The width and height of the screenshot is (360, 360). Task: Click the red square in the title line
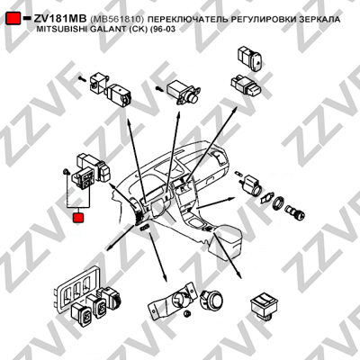click(13, 19)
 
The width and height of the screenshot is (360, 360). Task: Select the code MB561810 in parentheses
click(117, 19)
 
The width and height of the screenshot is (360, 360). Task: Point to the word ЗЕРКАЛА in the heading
click(320, 19)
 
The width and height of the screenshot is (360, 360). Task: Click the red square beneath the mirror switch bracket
click(78, 217)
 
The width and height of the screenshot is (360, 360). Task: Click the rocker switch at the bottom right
click(265, 305)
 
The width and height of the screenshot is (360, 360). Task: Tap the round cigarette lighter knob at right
click(295, 211)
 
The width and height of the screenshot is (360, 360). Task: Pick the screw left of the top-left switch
click(82, 79)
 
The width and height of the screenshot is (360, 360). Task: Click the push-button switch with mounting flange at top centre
click(184, 92)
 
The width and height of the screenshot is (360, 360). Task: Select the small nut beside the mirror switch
click(66, 172)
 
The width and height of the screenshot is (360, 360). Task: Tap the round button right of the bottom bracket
click(211, 300)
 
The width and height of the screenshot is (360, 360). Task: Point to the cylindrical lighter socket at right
click(252, 184)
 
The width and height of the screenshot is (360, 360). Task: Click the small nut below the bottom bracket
click(188, 314)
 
